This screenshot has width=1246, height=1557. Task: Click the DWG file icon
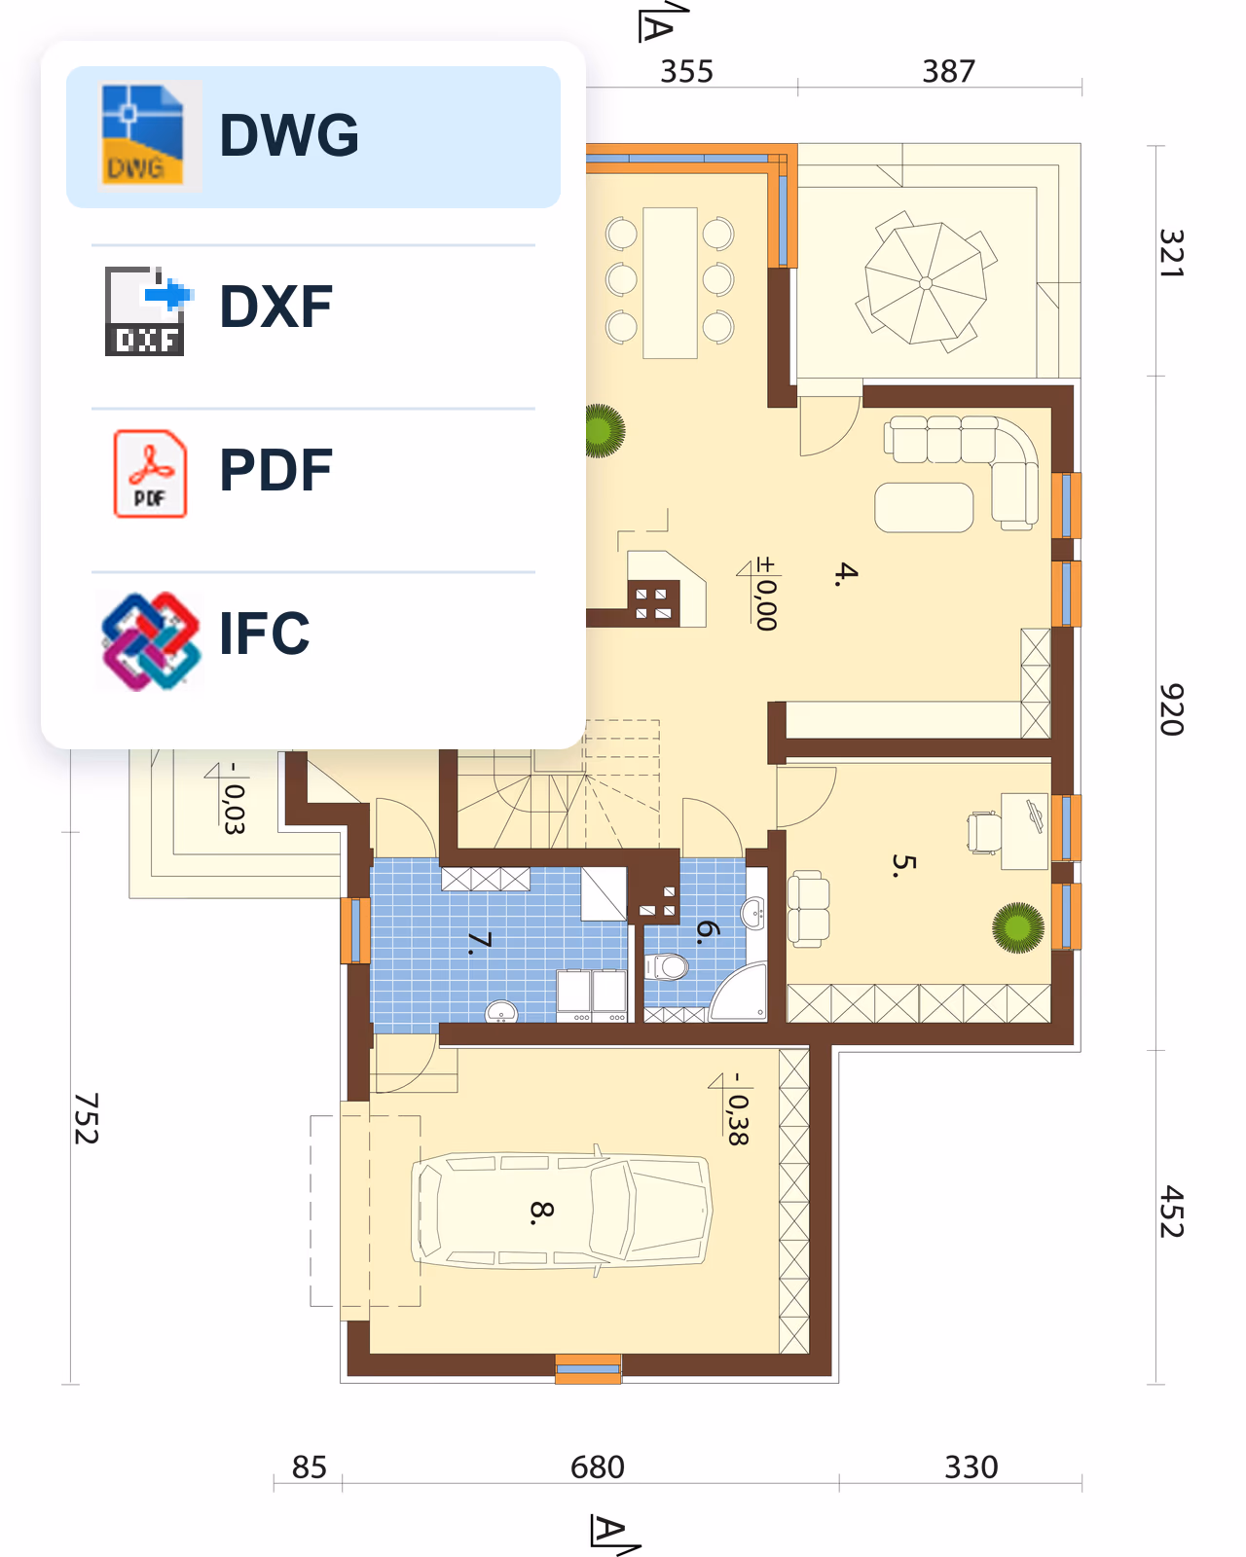click(x=142, y=135)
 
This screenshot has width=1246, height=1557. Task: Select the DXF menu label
click(x=275, y=307)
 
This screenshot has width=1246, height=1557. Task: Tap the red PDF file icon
click(x=150, y=474)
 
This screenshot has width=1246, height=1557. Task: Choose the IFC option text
click(x=264, y=634)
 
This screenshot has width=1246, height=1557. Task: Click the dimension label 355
click(x=686, y=72)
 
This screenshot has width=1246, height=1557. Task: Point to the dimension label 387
click(x=948, y=72)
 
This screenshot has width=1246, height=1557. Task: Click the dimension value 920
click(x=1171, y=709)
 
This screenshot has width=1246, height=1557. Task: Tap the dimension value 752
click(x=87, y=1118)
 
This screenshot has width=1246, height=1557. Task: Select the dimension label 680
click(x=598, y=1467)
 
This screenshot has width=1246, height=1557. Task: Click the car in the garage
click(x=561, y=1210)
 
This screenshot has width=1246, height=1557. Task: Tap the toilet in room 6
click(x=666, y=966)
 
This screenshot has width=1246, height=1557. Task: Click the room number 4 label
click(x=846, y=573)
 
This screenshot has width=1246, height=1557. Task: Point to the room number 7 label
click(x=479, y=943)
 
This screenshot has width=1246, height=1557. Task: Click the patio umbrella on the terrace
click(x=926, y=283)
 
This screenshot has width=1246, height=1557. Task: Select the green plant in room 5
click(x=1018, y=927)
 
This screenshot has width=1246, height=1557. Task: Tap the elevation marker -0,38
click(x=733, y=1109)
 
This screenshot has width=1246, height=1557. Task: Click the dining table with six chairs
click(x=670, y=283)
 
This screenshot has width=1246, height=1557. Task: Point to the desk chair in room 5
click(x=985, y=833)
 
